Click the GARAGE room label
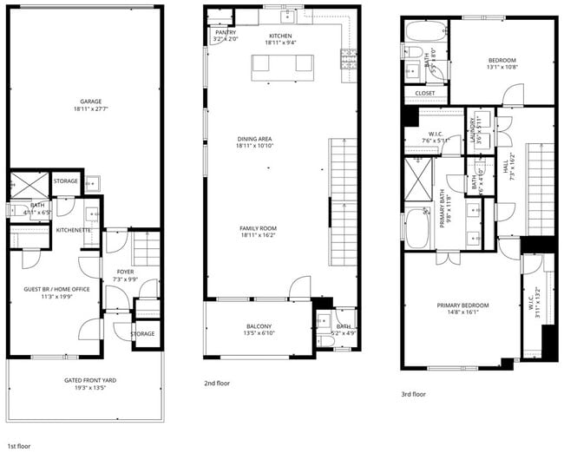(x=85, y=102)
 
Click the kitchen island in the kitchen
(x=282, y=64)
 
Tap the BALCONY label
(x=258, y=326)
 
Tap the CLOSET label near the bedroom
(x=425, y=93)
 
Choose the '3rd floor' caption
(x=413, y=393)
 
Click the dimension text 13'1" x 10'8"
(x=501, y=67)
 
